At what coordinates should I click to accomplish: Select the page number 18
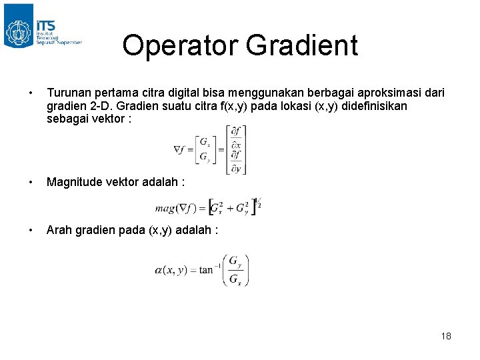[446, 336]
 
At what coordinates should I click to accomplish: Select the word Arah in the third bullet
[59, 230]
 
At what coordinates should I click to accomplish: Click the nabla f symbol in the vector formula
[181, 149]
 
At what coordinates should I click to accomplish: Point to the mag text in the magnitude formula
[164, 208]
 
